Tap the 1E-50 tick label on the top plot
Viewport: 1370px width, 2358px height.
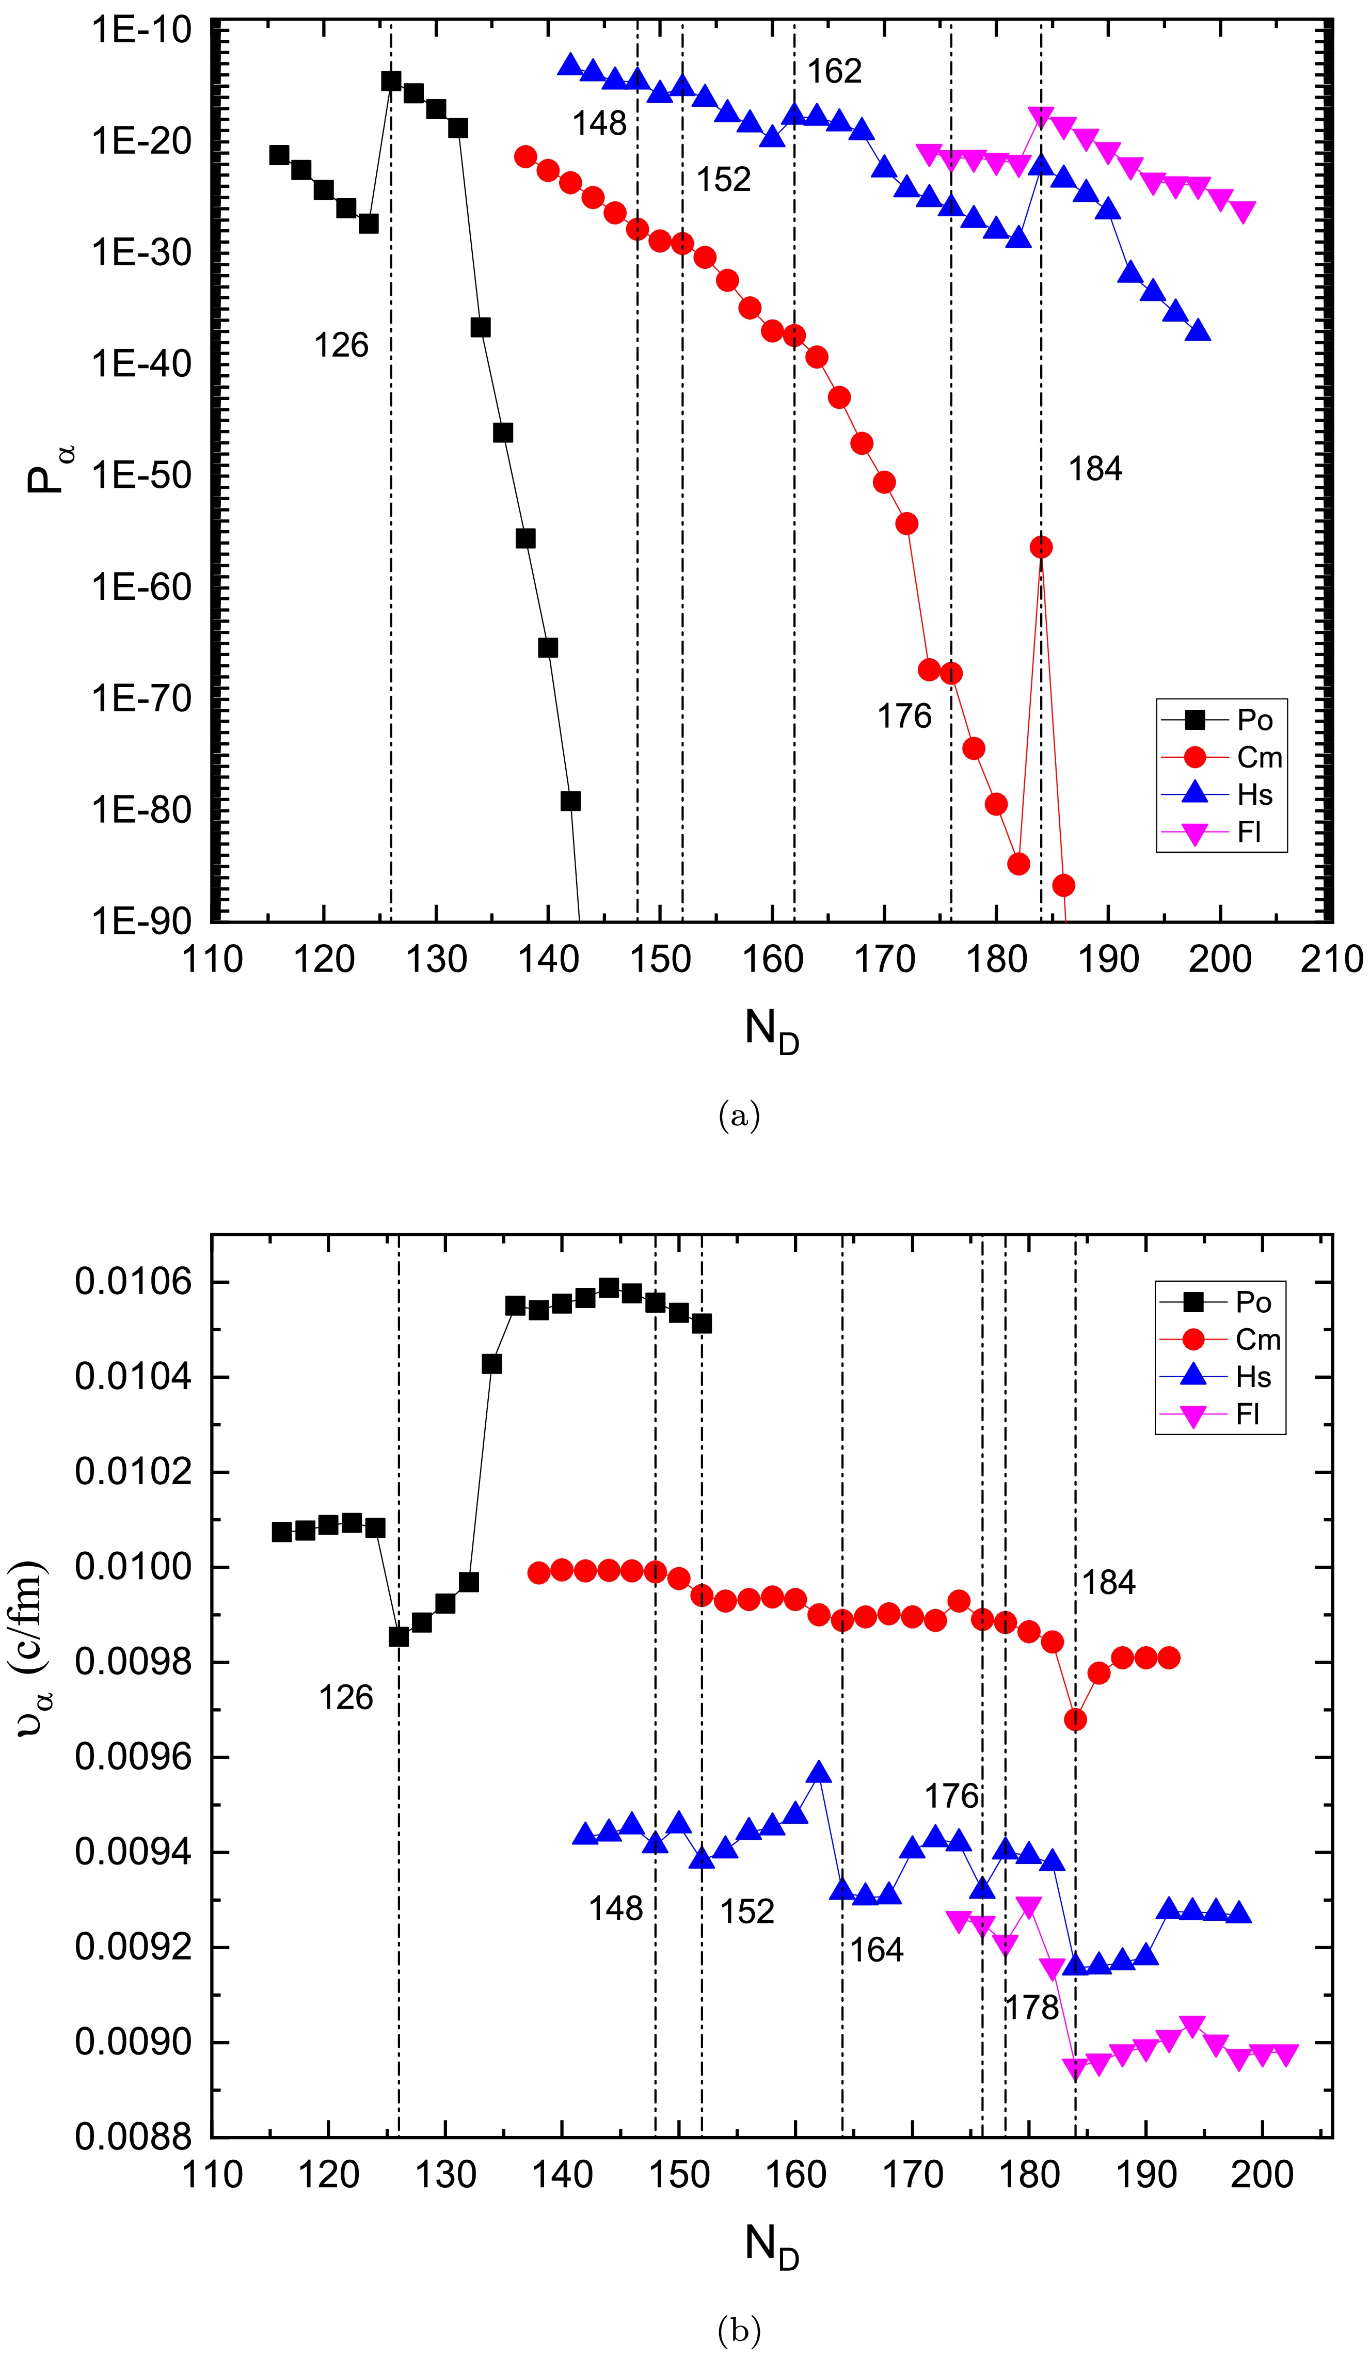pyautogui.click(x=140, y=475)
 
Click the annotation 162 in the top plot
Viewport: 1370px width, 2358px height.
pyautogui.click(x=834, y=71)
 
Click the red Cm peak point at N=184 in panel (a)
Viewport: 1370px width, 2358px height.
pyautogui.click(x=1041, y=547)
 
